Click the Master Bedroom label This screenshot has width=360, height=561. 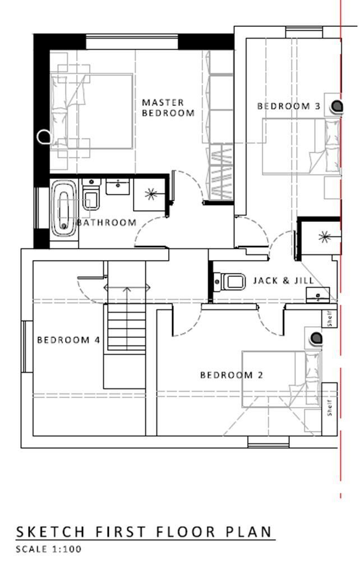(168, 108)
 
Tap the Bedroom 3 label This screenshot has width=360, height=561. (288, 106)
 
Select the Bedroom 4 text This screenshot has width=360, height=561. (68, 340)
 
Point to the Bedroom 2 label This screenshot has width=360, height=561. (232, 375)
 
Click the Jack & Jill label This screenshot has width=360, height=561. (283, 280)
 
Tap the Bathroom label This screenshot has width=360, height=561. (107, 222)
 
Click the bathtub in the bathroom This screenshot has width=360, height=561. (64, 208)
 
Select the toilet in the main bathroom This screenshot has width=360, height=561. (91, 194)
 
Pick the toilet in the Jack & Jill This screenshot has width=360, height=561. (229, 281)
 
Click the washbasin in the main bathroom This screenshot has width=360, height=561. (118, 187)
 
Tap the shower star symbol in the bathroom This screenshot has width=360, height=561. (151, 194)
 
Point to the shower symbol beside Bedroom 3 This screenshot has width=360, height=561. (324, 237)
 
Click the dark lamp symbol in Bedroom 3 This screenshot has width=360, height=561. (336, 106)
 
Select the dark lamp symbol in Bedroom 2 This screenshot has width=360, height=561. (316, 338)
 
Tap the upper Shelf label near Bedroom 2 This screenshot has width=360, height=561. (330, 318)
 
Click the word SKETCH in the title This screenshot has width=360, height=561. (50, 532)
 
